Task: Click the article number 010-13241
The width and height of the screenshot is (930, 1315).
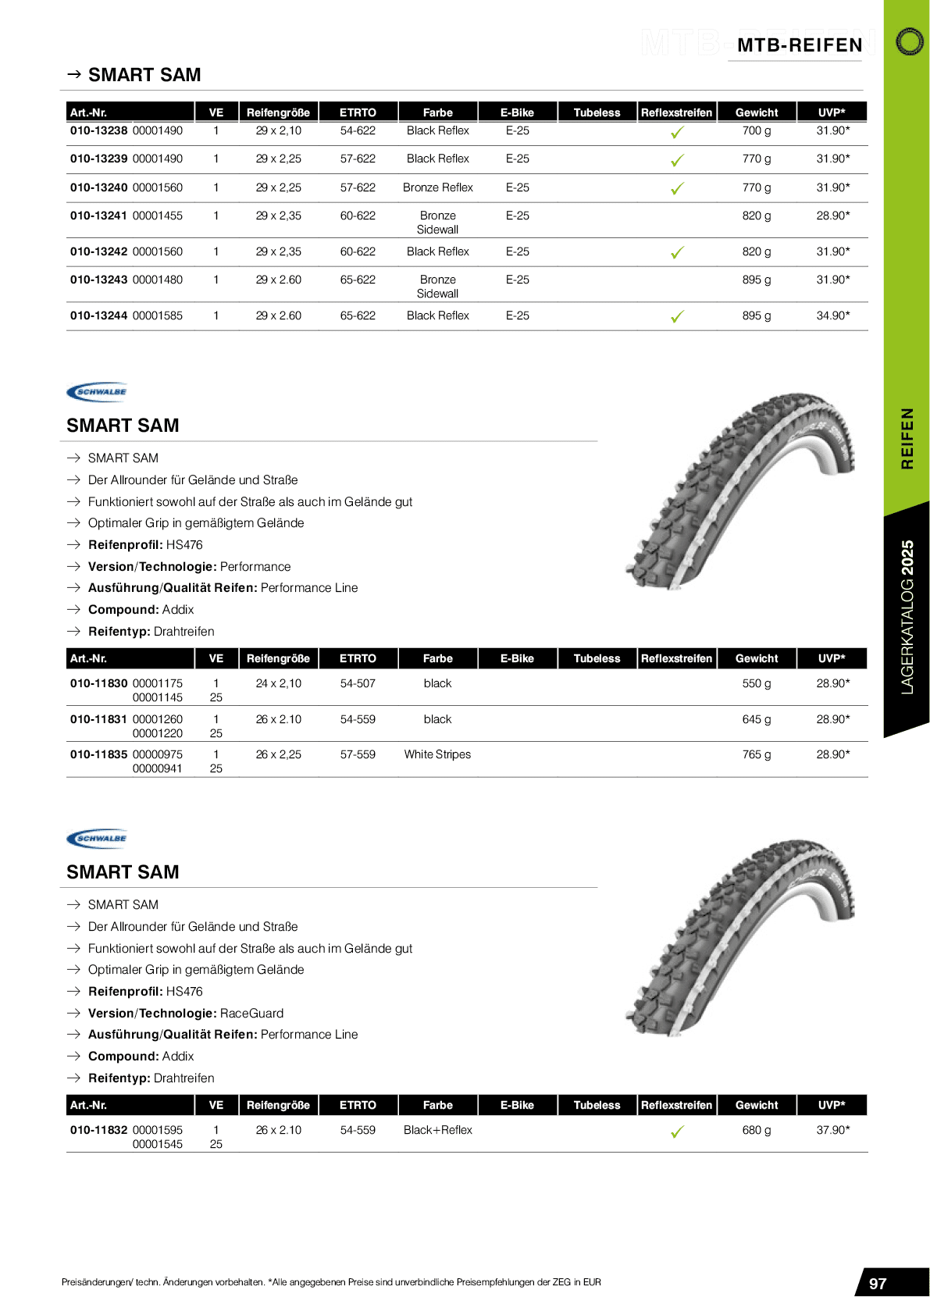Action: click(x=98, y=216)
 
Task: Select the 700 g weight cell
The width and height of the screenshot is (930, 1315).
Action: click(x=756, y=130)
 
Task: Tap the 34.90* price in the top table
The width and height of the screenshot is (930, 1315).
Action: click(x=832, y=315)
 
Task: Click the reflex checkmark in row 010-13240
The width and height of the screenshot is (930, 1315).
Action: click(x=677, y=188)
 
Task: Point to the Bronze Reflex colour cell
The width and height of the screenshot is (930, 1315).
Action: click(x=437, y=187)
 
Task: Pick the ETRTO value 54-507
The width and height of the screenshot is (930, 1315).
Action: click(x=358, y=683)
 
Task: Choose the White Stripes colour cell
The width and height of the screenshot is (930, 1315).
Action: click(x=437, y=754)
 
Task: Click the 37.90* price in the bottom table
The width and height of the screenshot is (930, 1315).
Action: click(x=832, y=1130)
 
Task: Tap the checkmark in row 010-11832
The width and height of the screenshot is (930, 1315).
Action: click(x=677, y=1131)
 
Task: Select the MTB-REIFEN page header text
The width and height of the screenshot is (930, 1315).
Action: click(x=800, y=45)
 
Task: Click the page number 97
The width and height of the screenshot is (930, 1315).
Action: click(x=878, y=1284)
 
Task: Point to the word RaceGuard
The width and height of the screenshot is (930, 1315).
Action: click(x=251, y=1013)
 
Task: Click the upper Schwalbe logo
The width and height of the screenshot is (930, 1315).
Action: click(x=97, y=392)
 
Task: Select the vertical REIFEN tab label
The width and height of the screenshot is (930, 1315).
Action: click(x=907, y=438)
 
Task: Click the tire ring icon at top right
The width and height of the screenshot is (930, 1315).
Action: click(x=909, y=41)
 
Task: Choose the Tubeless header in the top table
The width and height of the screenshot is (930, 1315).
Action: click(x=597, y=112)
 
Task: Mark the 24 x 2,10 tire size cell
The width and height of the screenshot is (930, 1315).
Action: click(x=278, y=683)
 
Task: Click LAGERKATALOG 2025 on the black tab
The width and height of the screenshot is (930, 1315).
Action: click(x=907, y=617)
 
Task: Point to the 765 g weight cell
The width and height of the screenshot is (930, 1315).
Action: click(x=756, y=754)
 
